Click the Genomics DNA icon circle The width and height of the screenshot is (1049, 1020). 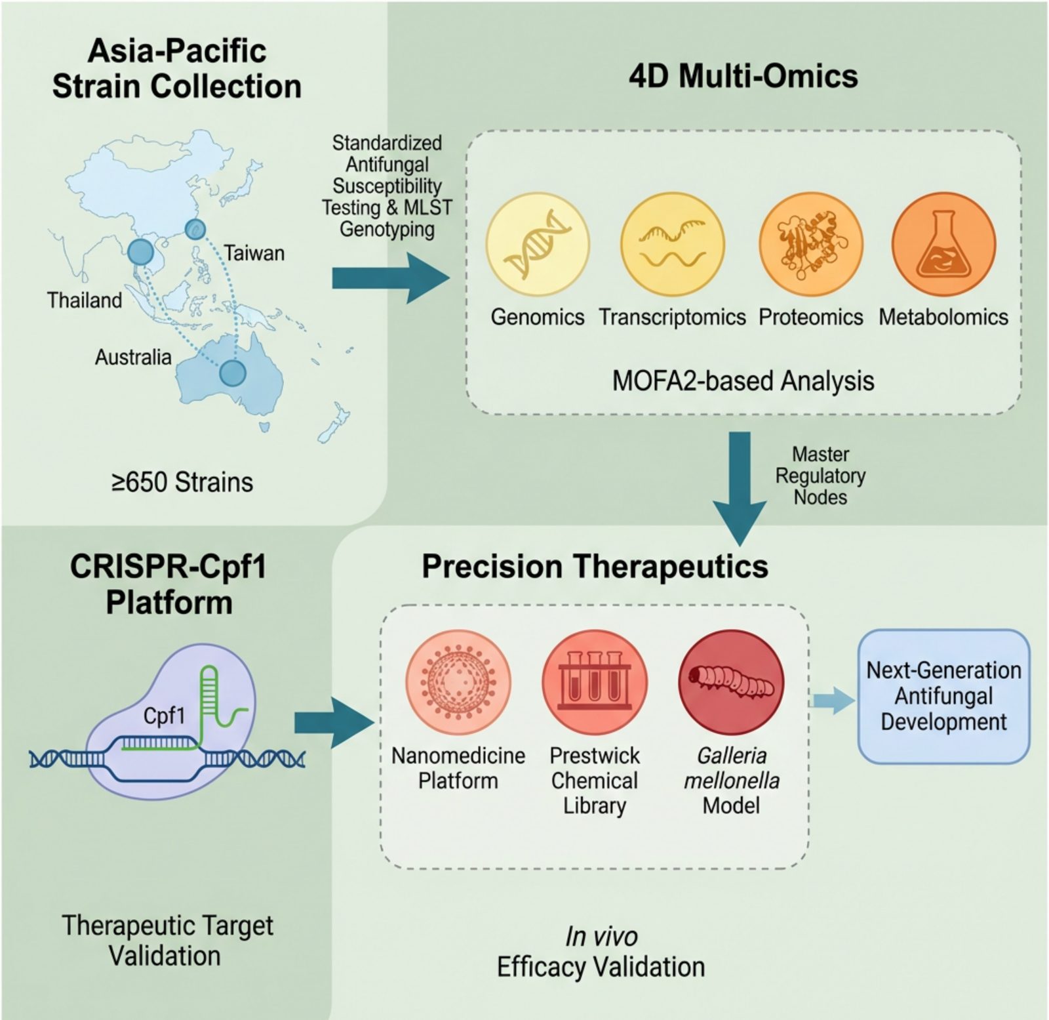click(538, 244)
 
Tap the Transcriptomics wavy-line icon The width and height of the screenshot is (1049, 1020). click(673, 244)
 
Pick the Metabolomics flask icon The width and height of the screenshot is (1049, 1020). click(944, 244)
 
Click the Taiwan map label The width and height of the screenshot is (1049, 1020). click(254, 253)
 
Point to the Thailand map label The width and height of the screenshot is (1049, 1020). click(85, 300)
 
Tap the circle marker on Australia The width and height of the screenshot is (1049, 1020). click(232, 373)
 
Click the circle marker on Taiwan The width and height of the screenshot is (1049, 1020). click(195, 229)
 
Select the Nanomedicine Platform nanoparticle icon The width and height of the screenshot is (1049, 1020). click(458, 682)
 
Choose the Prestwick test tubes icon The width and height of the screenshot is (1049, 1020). click(595, 682)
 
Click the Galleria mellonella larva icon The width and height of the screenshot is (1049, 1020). click(731, 682)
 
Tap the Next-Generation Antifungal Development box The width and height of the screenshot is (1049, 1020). click(944, 696)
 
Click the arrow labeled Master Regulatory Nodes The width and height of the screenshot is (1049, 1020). click(740, 489)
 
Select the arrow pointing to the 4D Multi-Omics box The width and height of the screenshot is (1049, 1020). click(391, 278)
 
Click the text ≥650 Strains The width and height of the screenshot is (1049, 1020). click(182, 482)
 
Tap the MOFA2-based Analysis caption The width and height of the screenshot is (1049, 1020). click(743, 381)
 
